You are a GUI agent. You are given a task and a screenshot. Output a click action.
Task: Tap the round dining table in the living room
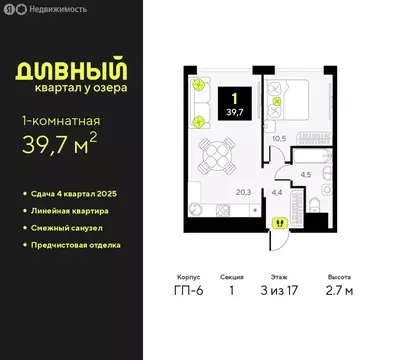click(215, 154)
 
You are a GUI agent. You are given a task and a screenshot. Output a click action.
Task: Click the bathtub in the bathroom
click(310, 156)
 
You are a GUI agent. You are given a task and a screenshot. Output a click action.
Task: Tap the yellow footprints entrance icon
click(280, 224)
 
